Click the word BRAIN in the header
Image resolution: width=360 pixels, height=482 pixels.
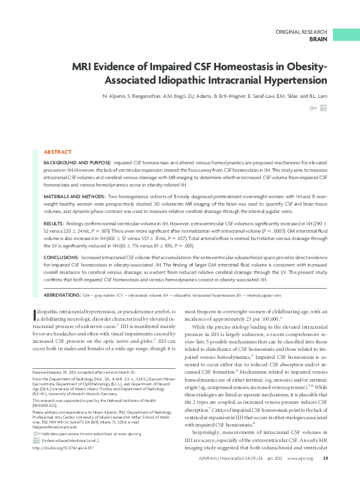click(x=318, y=39)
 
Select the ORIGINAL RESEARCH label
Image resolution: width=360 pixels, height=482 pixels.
click(x=301, y=31)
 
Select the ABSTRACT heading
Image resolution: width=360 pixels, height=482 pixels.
click(x=58, y=151)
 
